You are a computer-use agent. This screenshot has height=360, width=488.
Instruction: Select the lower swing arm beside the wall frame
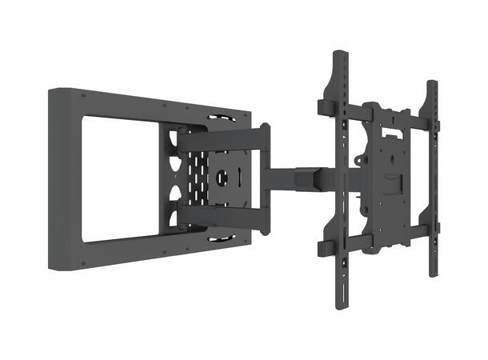point(224,214)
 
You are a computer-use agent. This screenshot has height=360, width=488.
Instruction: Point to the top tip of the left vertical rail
point(341,56)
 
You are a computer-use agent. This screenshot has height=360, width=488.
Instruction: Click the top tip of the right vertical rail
point(432,83)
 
